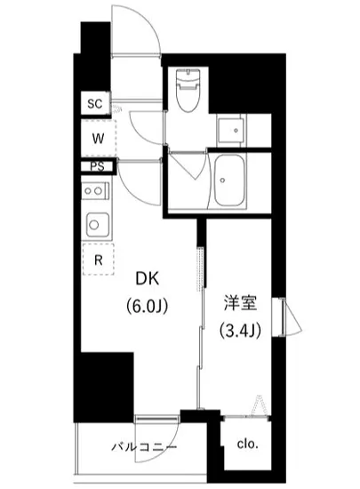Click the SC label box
tap(94, 104)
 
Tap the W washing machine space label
tap(100, 138)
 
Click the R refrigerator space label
tap(98, 261)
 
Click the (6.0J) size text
tap(148, 309)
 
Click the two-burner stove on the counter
tap(95, 189)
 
